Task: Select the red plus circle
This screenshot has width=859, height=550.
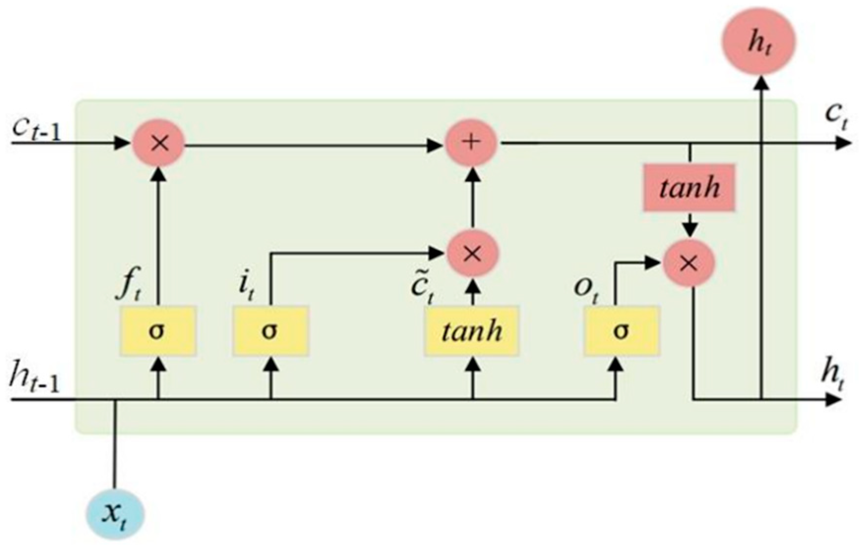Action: (x=472, y=143)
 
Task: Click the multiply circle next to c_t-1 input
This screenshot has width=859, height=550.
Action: (x=159, y=144)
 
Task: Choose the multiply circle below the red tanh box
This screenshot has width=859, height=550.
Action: (x=688, y=264)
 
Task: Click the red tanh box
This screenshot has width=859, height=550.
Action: (x=689, y=188)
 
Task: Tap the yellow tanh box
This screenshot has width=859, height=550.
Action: (x=472, y=331)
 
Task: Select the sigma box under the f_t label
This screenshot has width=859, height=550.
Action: (x=158, y=331)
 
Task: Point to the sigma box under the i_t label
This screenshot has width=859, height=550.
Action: (x=270, y=331)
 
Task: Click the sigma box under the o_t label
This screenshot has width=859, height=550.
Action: (x=621, y=331)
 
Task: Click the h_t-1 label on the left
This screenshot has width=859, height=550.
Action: (x=34, y=380)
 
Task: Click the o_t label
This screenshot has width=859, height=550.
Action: (x=586, y=289)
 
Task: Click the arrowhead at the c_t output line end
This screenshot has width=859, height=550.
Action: (x=844, y=143)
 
